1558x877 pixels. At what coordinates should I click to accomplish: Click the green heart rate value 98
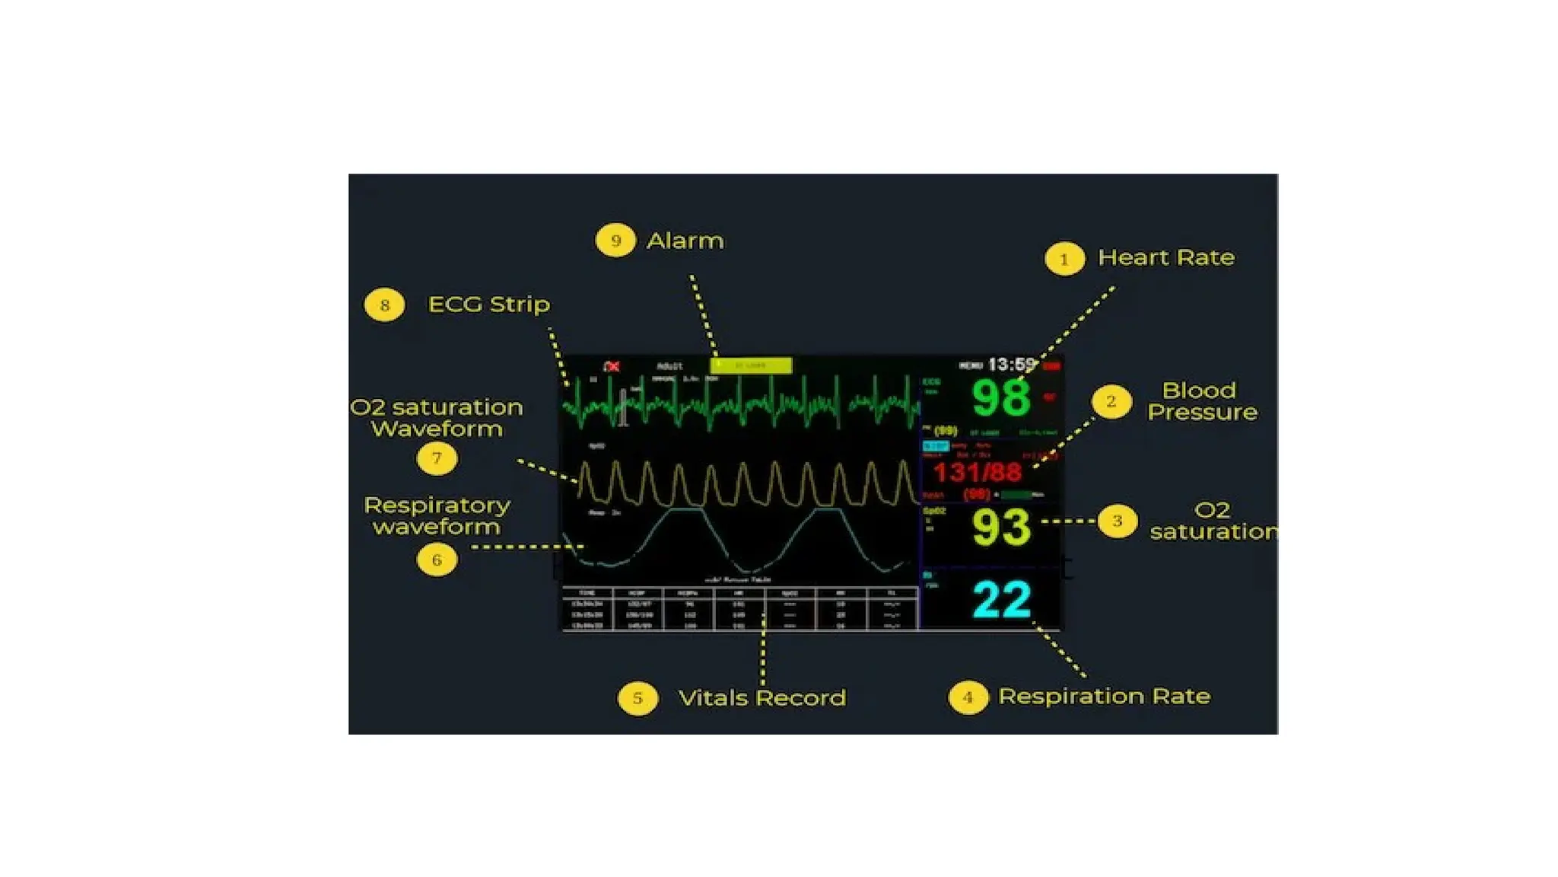click(1001, 397)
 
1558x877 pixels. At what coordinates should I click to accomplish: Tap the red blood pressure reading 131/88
click(978, 473)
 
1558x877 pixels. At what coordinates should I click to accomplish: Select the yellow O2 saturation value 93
click(1001, 527)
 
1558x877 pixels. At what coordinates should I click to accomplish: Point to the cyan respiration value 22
click(1002, 600)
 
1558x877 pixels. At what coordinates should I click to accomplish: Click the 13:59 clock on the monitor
click(1012, 365)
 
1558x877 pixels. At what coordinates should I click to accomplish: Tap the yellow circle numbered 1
click(1064, 260)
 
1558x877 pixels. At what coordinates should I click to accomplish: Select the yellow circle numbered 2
click(1111, 401)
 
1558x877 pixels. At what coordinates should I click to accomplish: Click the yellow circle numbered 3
click(1117, 521)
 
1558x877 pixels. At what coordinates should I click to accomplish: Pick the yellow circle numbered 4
click(968, 697)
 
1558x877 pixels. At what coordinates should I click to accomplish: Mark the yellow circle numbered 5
click(638, 698)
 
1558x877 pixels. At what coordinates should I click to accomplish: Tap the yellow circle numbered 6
click(437, 560)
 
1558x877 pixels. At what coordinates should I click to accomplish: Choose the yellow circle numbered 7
click(437, 458)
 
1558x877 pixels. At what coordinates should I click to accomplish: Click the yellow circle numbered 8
click(384, 305)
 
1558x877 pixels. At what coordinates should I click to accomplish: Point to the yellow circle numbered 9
click(615, 241)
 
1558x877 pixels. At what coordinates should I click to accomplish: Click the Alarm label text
click(685, 241)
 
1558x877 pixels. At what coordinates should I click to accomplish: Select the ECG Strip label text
click(489, 305)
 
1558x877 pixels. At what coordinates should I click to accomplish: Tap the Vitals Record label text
click(762, 698)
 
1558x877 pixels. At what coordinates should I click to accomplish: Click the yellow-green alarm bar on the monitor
click(751, 365)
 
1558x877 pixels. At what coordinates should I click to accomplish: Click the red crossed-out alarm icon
click(612, 367)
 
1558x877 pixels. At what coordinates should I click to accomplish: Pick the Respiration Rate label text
click(1104, 697)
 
